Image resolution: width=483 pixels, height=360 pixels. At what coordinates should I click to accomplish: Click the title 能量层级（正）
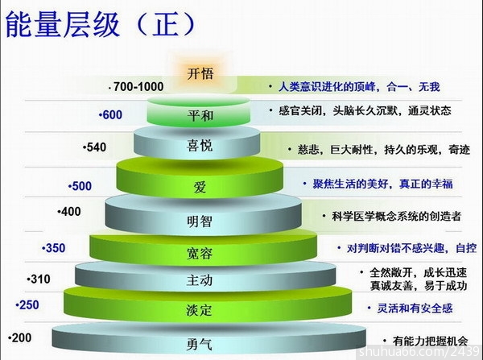click(101, 25)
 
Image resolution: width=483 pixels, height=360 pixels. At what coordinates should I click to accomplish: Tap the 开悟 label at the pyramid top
click(200, 74)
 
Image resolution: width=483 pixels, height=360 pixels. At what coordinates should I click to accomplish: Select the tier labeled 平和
click(200, 116)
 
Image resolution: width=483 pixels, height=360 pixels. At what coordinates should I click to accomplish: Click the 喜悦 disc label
click(200, 146)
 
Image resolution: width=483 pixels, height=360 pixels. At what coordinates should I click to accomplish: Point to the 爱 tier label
click(200, 187)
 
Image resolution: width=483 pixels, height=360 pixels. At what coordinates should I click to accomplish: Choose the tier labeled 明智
click(200, 221)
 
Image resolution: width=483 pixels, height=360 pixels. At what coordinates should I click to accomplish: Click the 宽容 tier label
click(200, 254)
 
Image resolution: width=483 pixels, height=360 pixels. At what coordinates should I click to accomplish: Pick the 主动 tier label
click(200, 280)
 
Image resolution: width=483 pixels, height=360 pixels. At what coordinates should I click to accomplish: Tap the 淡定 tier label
click(199, 310)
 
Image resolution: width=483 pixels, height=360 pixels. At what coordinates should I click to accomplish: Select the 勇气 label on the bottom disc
click(200, 344)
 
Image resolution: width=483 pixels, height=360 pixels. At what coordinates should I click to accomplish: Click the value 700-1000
click(138, 87)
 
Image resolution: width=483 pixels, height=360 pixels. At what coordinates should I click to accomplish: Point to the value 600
click(113, 115)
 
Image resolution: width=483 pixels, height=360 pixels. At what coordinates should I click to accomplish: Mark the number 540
click(96, 147)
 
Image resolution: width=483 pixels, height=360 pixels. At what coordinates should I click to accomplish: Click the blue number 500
click(81, 186)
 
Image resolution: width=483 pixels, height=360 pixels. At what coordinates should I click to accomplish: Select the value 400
click(71, 212)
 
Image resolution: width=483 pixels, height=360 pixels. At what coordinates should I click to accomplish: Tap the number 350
click(55, 248)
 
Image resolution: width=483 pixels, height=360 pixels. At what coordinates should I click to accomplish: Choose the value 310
click(40, 279)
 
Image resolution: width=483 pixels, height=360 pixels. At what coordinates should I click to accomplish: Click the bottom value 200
click(21, 338)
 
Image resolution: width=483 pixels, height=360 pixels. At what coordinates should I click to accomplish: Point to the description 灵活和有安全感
click(415, 308)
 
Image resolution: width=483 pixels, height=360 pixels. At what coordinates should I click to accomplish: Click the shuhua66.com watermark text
click(419, 351)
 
